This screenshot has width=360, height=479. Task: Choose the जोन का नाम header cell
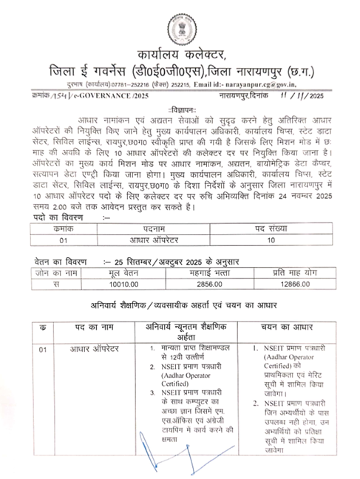pyautogui.click(x=35, y=272)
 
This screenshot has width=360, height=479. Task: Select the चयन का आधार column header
pyautogui.click(x=285, y=327)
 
